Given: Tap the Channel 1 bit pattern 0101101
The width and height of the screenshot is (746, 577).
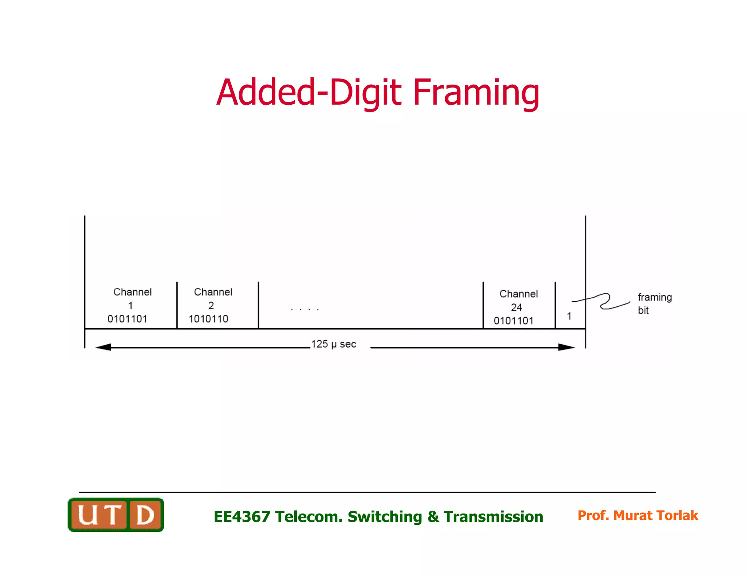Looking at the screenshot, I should pos(127,319).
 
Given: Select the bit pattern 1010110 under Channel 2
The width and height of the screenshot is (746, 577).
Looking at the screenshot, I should pos(208,319).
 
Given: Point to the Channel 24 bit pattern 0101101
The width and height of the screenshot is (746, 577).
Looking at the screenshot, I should pos(514,321).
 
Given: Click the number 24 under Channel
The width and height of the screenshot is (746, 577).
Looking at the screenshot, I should pos(517,307).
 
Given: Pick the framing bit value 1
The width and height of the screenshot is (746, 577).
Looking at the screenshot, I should pos(569,316).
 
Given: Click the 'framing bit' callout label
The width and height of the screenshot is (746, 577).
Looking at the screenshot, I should pos(654,303).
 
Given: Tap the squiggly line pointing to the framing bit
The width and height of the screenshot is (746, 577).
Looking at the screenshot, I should pos(605,301).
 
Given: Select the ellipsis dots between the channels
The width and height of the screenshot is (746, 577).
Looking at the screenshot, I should pos(305,310).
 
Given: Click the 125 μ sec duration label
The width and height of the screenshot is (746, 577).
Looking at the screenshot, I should pos(333,344).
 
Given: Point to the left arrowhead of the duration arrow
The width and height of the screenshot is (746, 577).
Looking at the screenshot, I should pos(103,347).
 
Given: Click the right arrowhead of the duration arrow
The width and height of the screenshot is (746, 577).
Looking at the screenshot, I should pos(566,347).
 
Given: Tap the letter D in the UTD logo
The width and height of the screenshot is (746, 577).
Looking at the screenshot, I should pos(145,515).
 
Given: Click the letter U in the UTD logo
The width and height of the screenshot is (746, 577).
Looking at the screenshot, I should pos(87,515).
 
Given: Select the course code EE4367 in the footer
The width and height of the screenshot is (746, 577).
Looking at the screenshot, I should pos(242,516).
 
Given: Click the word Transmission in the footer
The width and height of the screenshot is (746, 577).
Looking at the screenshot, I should pos(493,516).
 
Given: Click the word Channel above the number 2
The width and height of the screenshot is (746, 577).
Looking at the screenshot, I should pos(213,292).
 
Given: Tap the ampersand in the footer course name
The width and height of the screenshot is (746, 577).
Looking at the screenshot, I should pos(433,516).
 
